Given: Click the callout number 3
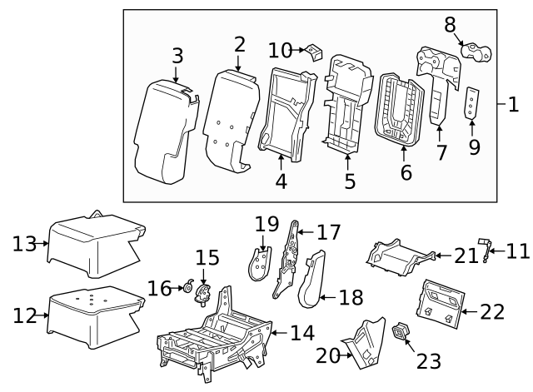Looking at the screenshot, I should click(177, 56).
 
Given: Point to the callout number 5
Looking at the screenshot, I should click(349, 180).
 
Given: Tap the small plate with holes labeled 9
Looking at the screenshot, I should click(472, 102).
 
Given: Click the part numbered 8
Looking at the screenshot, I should click(476, 53).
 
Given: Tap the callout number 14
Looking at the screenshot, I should click(302, 333).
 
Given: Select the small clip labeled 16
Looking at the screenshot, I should click(187, 289).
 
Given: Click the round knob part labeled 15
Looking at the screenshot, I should click(202, 292).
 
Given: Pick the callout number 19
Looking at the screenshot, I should click(266, 225).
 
